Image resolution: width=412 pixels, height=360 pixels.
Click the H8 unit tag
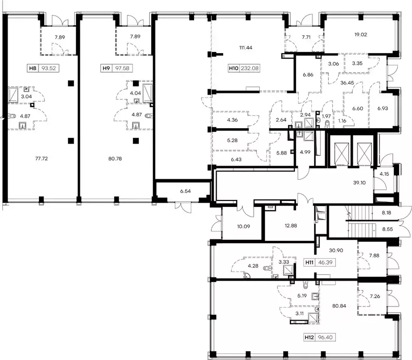pos(43,68)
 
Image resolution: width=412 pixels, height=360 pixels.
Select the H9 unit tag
pos(117,68)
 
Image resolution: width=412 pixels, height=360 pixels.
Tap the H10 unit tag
pos(244,68)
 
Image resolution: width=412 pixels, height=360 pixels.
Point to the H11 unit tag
pos(320,262)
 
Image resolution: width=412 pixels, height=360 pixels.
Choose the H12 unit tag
pos(320,337)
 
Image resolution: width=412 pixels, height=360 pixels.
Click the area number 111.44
pos(246,47)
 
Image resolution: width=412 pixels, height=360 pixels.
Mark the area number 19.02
pos(360,34)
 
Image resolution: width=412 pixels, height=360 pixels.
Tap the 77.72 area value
pos(41,158)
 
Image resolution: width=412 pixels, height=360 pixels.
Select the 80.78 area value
pos(115,158)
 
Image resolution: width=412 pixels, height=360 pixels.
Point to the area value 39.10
pos(359,183)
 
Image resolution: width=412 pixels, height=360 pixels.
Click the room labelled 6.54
pos(186,191)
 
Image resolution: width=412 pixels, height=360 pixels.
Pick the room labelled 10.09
pos(243,226)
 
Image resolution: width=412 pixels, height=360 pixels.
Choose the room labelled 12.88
pos(291,225)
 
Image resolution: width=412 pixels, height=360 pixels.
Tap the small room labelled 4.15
pos(384,174)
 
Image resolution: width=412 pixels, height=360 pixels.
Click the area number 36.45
pos(347,83)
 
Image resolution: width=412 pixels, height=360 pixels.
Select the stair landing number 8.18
pos(387,213)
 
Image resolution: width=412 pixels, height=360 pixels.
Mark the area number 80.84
pos(339,306)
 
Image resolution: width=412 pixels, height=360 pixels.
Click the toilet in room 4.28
pos(267,268)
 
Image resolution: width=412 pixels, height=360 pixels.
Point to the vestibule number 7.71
pos(306,37)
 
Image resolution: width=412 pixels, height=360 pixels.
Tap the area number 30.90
pos(336,251)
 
